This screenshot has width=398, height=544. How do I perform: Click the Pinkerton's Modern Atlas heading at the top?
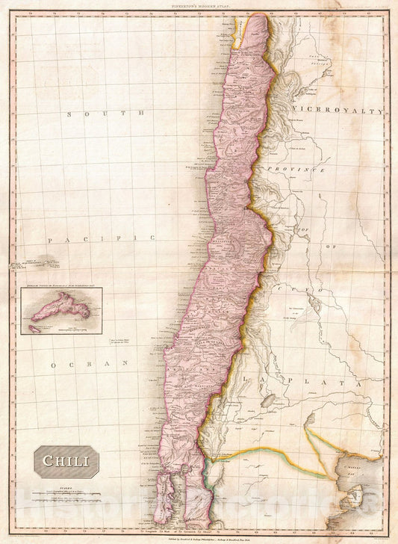[x=198, y=5]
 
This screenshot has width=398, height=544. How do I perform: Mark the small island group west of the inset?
[x=34, y=263]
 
